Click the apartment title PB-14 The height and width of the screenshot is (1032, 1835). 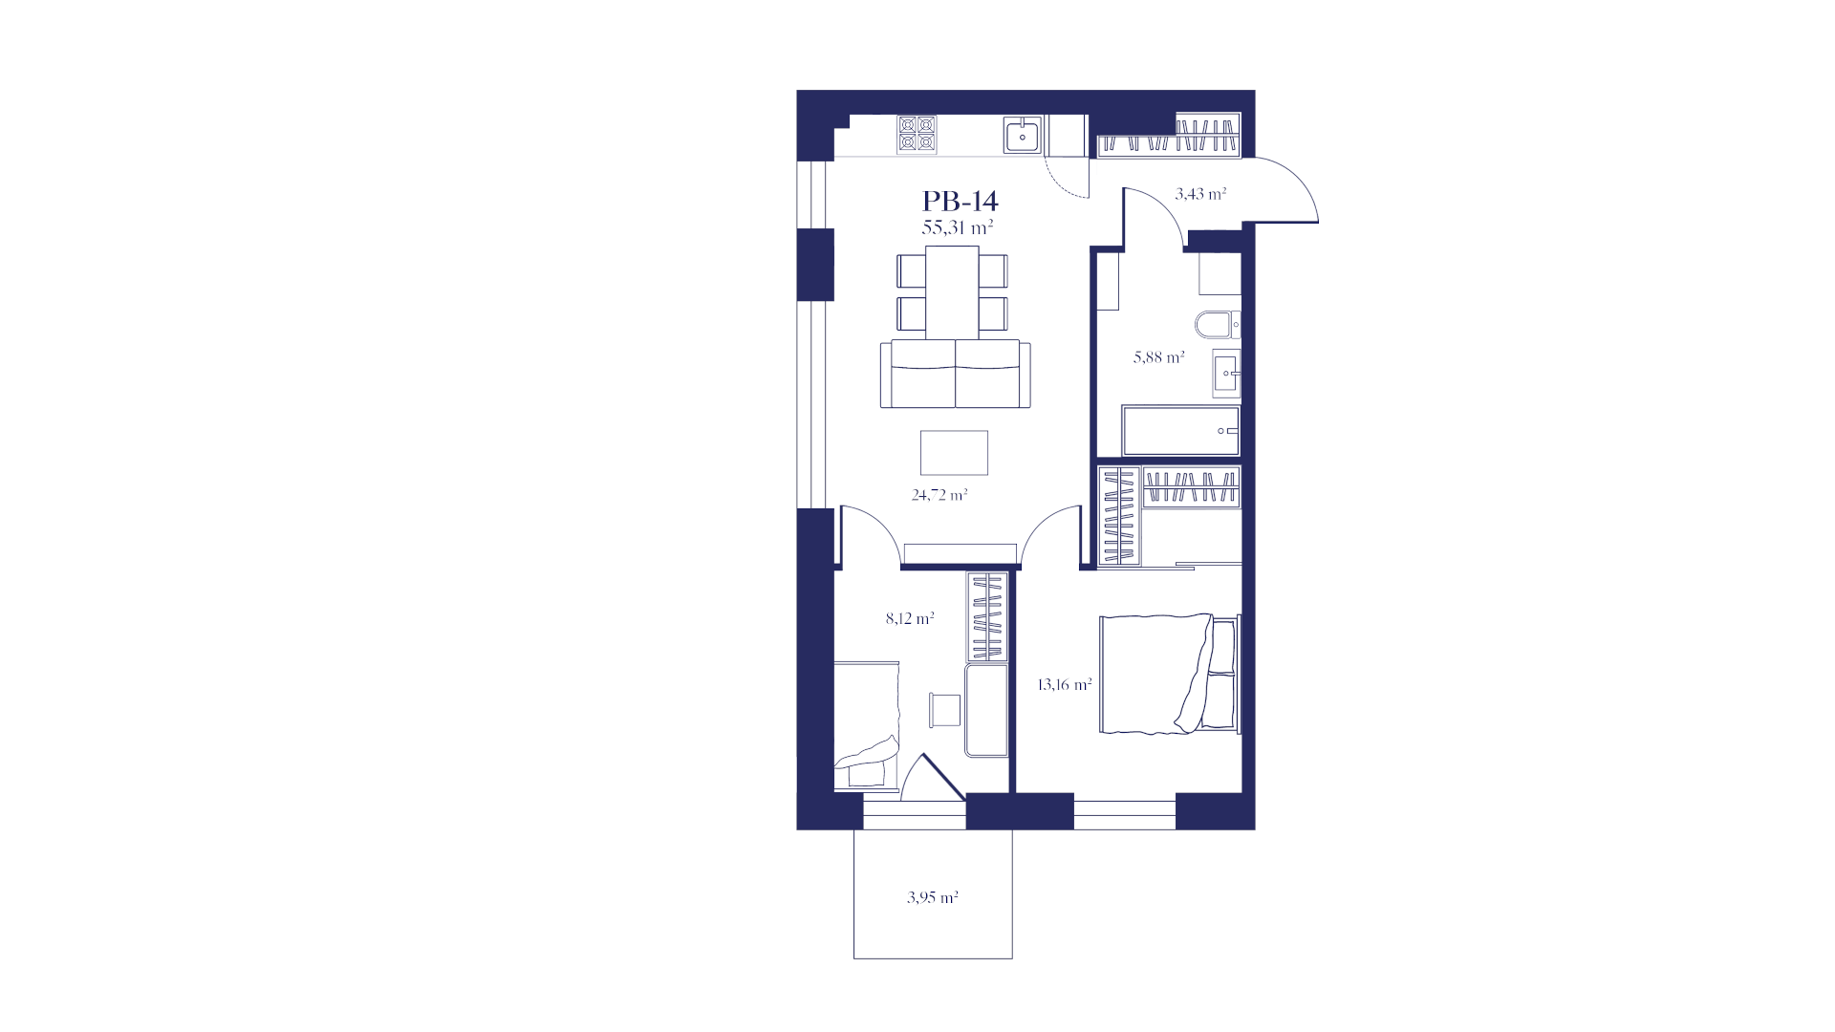pos(960,201)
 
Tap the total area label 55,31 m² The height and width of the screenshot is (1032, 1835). pos(958,227)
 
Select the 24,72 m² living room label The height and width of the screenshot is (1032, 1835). pos(939,495)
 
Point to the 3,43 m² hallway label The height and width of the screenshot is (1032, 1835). pos(1200,194)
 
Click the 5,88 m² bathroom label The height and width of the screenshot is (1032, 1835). pos(1159,357)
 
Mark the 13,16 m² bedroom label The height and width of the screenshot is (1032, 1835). pos(1065,684)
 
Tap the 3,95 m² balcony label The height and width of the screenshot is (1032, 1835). pos(933,897)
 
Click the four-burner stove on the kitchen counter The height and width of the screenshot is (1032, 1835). pos(917,135)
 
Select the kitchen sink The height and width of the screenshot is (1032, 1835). pos(1023,136)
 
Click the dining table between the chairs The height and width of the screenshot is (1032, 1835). pos(952,292)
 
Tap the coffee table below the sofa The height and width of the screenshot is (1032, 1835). pos(954,453)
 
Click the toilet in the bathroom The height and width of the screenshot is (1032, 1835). pos(1218,326)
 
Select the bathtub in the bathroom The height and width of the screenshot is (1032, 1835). pos(1181,432)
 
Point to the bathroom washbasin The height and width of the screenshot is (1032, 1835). pos(1226,373)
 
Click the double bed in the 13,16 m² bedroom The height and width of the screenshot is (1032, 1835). pos(1170,675)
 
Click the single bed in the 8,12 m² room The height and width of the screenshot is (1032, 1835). pos(198,725)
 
